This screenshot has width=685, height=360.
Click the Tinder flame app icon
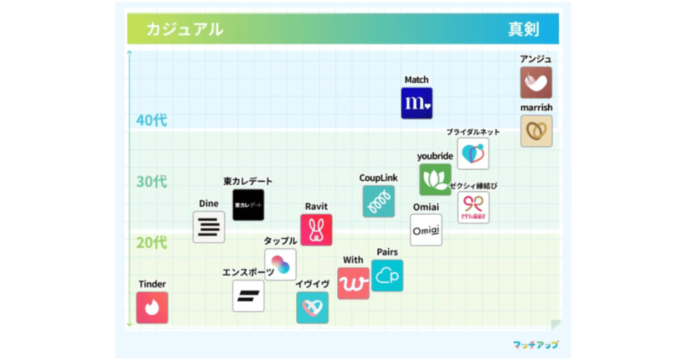(152, 308)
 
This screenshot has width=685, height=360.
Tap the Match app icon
(416, 103)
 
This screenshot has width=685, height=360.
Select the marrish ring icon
(536, 130)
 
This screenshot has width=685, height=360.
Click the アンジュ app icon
(536, 82)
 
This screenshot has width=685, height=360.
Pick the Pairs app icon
(387, 276)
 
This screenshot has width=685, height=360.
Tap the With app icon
(353, 283)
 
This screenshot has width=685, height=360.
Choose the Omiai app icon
(426, 230)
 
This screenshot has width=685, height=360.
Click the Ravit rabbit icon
(316, 230)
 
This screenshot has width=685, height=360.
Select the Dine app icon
(209, 227)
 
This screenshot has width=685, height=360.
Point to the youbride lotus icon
(435, 179)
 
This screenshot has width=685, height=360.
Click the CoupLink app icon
(379, 201)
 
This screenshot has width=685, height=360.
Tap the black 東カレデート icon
(248, 205)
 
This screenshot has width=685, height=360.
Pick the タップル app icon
(280, 264)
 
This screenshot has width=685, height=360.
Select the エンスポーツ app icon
(248, 296)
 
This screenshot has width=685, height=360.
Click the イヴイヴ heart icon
(312, 307)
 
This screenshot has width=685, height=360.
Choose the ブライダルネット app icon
(473, 154)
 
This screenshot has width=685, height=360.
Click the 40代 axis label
(151, 120)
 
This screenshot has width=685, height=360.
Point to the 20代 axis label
(151, 243)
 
